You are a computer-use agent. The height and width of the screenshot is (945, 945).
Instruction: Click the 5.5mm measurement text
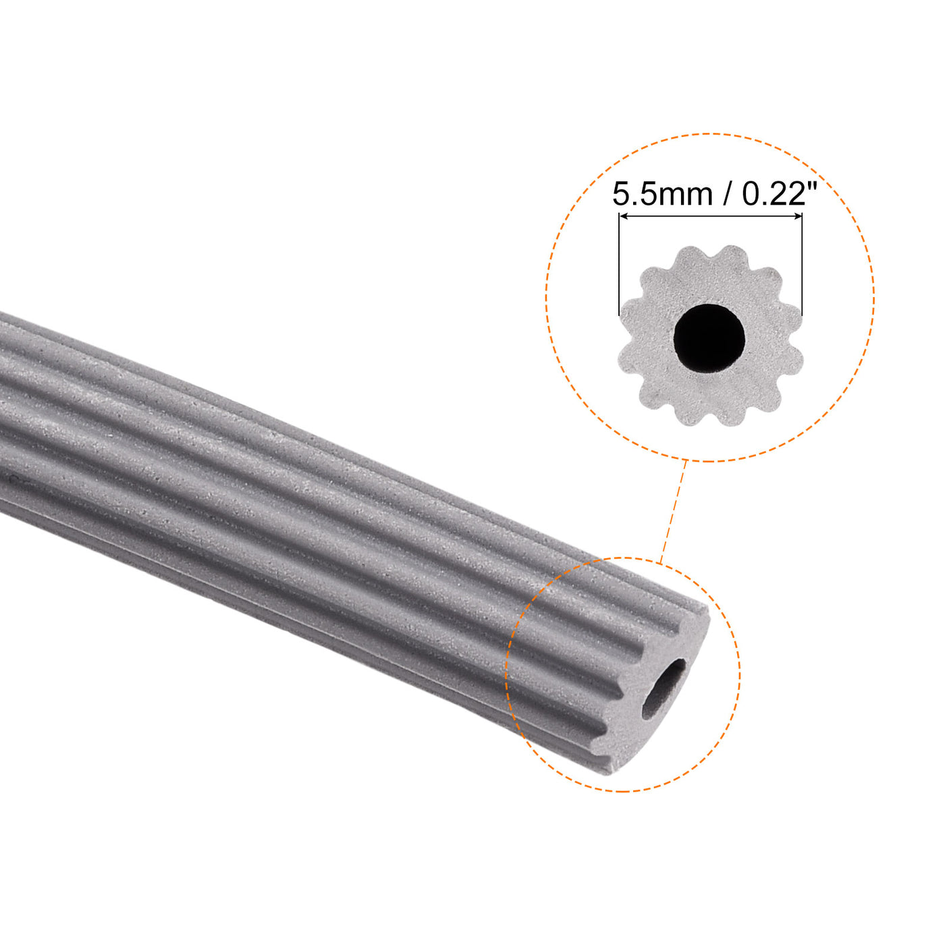click(662, 195)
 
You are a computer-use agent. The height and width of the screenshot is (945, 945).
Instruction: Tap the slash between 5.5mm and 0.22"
click(727, 195)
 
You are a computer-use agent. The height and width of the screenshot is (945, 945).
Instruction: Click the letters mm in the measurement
click(686, 197)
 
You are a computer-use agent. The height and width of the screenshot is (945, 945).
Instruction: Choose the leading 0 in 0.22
click(751, 195)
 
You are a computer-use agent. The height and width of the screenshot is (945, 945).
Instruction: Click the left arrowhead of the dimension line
click(623, 216)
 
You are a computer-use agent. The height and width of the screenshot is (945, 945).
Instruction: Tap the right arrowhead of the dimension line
click(799, 216)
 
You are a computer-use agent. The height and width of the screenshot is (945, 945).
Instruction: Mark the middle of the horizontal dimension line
click(710, 216)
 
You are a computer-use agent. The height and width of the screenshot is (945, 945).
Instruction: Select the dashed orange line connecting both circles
click(674, 510)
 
